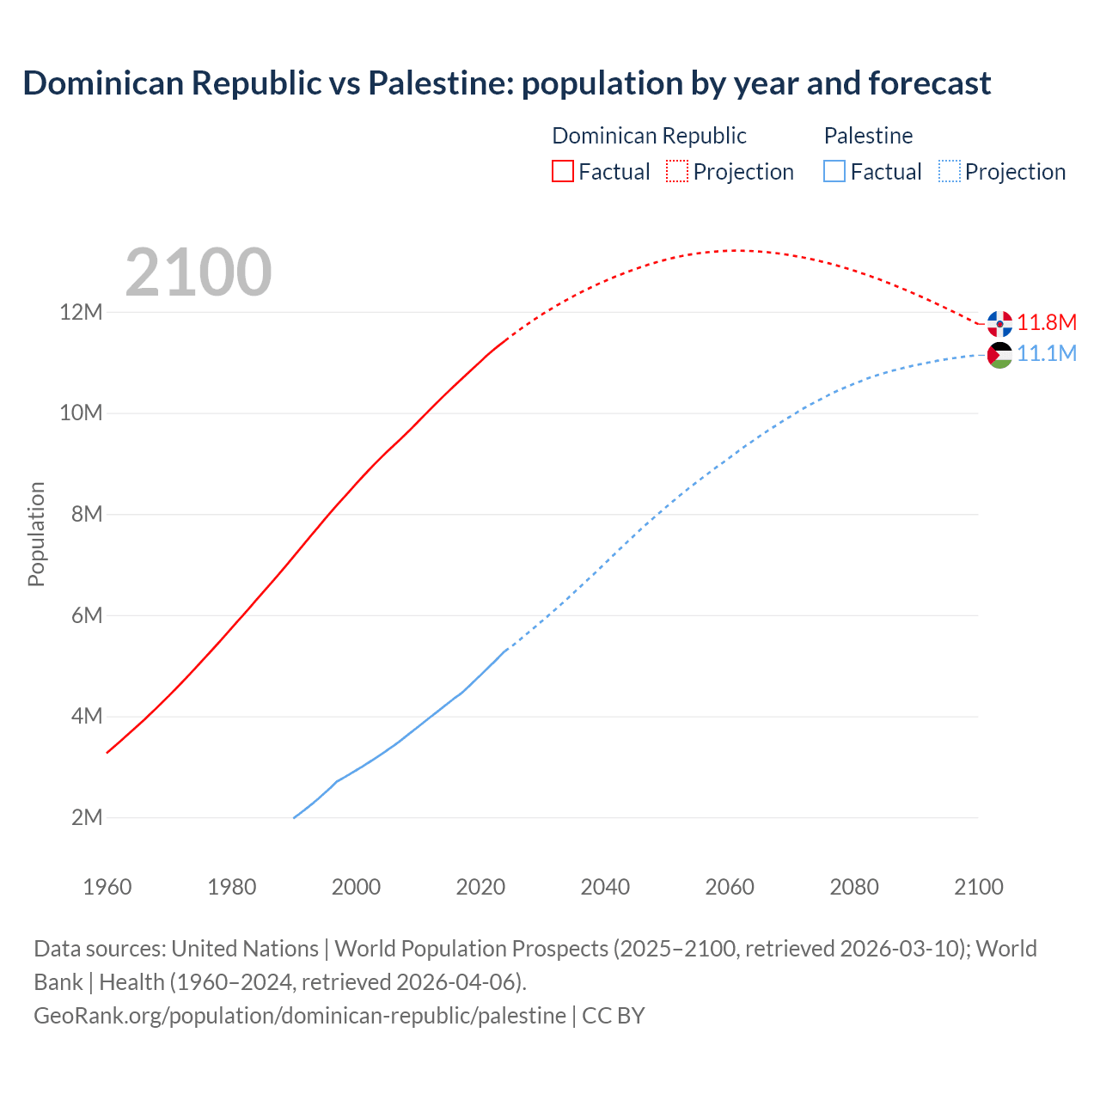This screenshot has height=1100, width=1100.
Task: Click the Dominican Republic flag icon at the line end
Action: pos(999,324)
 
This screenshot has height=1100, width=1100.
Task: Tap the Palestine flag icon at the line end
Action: pos(999,355)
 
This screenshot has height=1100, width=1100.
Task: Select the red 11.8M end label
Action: pos(1047,323)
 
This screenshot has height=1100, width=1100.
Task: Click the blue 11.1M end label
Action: pos(1047,354)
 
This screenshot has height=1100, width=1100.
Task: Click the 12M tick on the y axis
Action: pos(81,312)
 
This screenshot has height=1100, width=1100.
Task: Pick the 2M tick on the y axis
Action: pos(87,817)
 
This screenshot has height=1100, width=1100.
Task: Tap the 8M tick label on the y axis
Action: pos(87,514)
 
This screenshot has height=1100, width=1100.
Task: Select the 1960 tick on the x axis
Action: pos(107,887)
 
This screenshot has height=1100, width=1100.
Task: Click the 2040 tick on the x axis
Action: pos(605,887)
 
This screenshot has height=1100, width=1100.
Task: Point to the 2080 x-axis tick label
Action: pos(854,887)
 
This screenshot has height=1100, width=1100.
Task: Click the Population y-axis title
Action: pos(36,534)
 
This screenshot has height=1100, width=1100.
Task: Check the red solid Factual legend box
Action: pos(563,172)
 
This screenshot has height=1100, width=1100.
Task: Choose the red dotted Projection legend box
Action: pos(677,172)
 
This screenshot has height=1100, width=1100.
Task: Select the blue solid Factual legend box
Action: pos(834,172)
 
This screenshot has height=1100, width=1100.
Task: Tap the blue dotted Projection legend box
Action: pos(949,172)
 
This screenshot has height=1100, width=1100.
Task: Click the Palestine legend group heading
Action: pos(868,136)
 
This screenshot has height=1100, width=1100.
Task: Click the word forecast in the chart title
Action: pos(930,83)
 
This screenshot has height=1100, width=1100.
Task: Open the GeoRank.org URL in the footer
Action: pos(300,1016)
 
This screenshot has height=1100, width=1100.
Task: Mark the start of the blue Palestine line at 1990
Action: pos(295,817)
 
